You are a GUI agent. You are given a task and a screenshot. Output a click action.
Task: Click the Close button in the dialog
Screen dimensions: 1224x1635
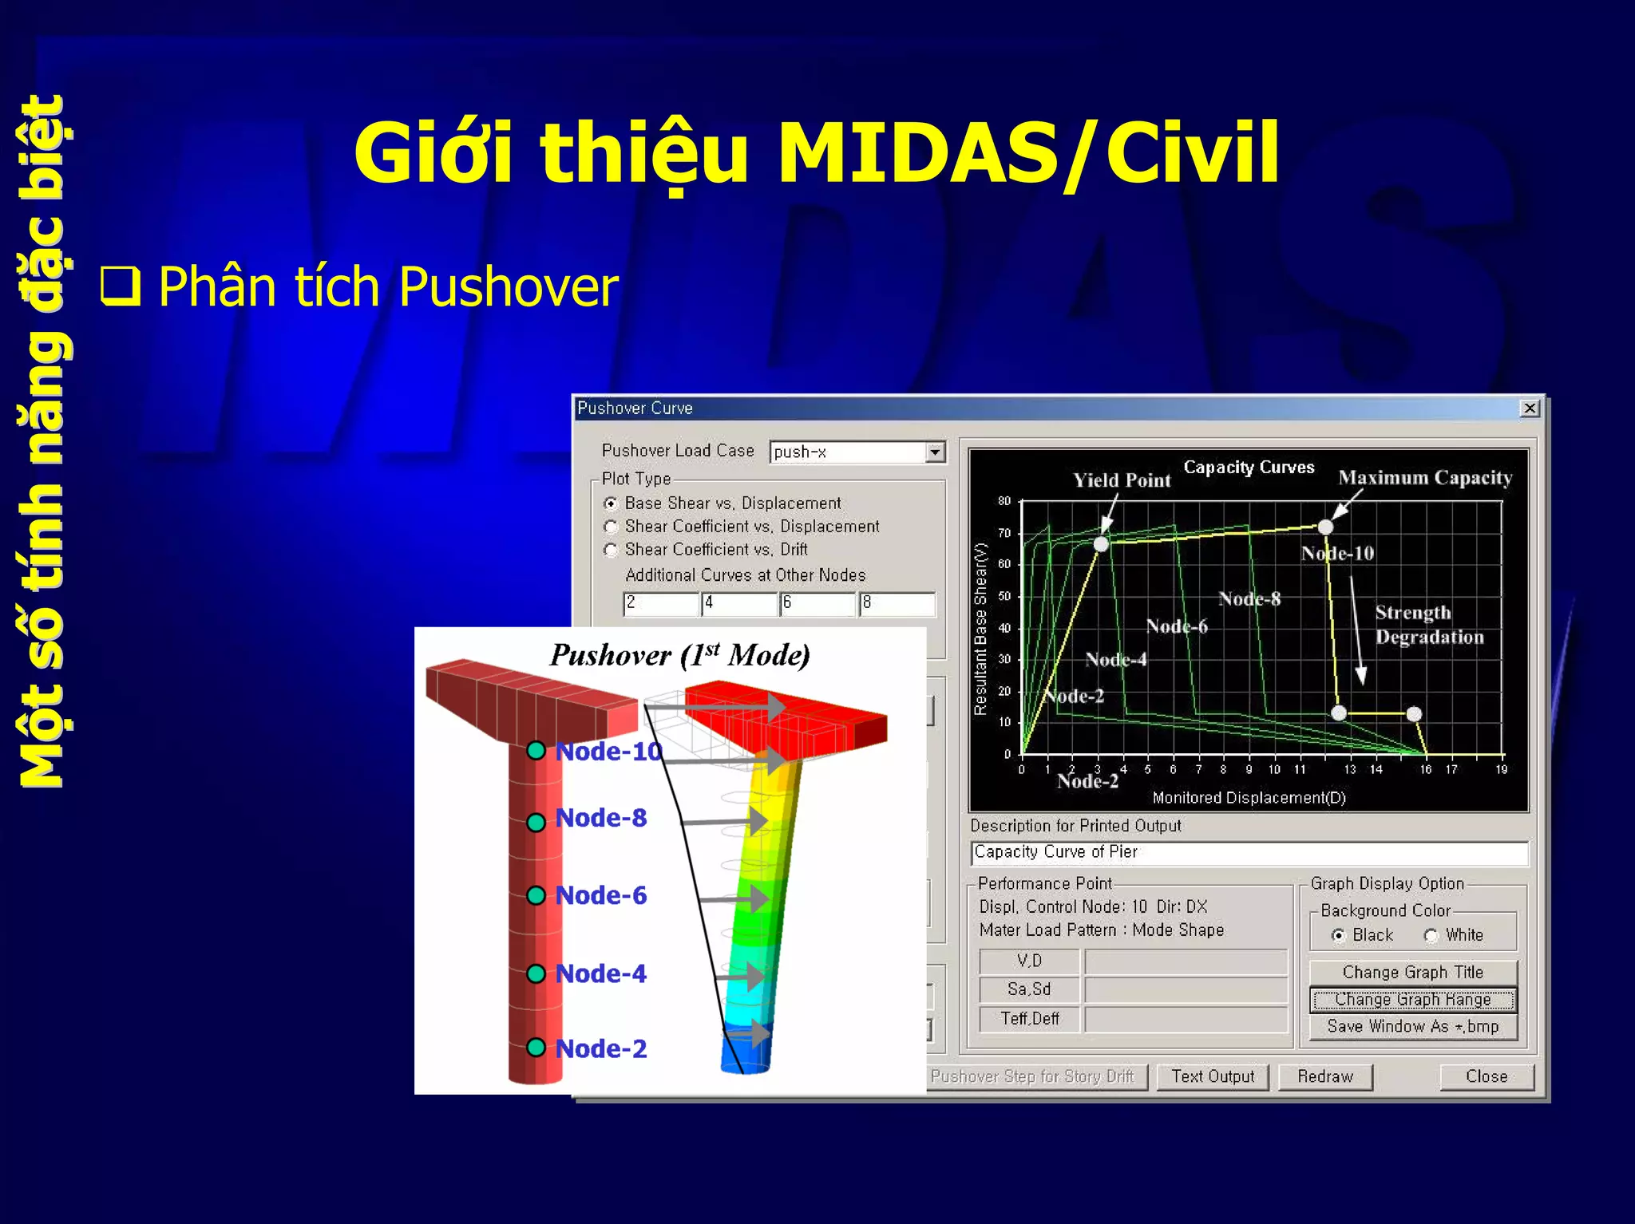coord(1487,1076)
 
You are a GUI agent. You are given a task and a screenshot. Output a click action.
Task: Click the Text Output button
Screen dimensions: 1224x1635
coord(1212,1076)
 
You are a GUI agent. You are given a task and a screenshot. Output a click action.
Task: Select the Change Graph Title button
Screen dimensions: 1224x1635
coord(1412,972)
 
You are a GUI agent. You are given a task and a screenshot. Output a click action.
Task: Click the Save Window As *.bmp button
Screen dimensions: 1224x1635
coord(1412,1026)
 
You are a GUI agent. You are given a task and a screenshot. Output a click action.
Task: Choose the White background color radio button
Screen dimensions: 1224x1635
coord(1431,935)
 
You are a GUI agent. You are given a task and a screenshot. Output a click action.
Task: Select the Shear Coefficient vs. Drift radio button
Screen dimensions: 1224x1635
coord(612,550)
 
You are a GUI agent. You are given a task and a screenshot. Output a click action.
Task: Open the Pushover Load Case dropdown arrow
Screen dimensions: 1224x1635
coord(935,452)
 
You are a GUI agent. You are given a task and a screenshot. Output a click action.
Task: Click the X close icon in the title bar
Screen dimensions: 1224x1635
coord(1529,409)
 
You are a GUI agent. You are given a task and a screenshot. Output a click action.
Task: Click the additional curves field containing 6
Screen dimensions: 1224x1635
coord(817,603)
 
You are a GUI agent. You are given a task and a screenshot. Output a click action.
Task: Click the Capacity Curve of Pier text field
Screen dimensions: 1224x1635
coord(1249,852)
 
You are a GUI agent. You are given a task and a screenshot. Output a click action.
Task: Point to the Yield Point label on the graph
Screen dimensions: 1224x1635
coord(1122,480)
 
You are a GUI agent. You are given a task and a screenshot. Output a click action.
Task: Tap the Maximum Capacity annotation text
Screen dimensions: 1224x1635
coord(1425,477)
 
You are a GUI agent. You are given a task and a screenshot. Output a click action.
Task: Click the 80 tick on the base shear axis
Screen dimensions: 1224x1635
coord(1004,501)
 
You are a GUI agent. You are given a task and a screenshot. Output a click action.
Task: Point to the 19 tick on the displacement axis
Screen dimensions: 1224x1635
coord(1501,769)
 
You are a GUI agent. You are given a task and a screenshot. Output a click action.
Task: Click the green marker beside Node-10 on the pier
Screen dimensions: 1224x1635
coord(536,751)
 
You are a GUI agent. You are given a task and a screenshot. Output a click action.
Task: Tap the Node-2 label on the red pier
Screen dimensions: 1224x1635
coord(600,1048)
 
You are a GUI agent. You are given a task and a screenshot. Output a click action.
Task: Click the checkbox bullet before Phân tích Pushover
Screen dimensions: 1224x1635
coord(121,286)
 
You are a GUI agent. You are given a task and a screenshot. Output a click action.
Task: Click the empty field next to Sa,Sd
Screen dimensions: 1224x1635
coord(1186,989)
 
